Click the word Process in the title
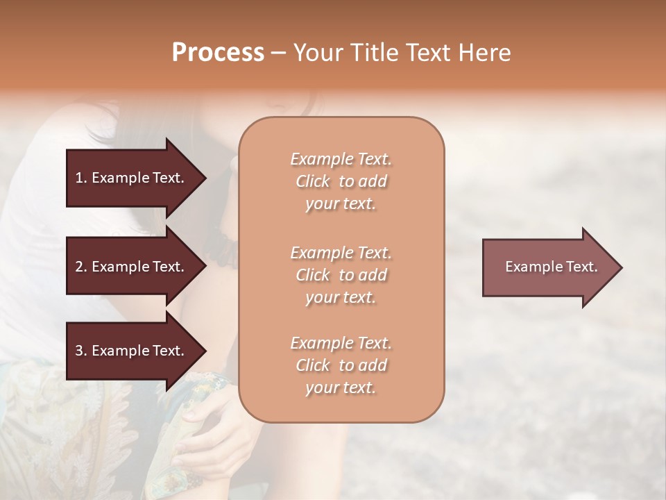pyautogui.click(x=218, y=53)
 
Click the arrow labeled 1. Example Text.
pyautogui.click(x=132, y=178)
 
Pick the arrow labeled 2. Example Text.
pyautogui.click(x=132, y=267)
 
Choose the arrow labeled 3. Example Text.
pyautogui.click(x=132, y=351)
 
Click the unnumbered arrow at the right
pyautogui.click(x=548, y=267)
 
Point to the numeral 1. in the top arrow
pyautogui.click(x=81, y=178)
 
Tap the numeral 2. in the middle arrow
pyautogui.click(x=81, y=267)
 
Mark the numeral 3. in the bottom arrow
pyautogui.click(x=81, y=351)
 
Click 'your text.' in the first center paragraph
pyautogui.click(x=341, y=204)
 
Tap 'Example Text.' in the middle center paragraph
pyautogui.click(x=341, y=252)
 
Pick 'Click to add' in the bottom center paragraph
pyautogui.click(x=341, y=365)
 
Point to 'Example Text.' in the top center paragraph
pyautogui.click(x=341, y=159)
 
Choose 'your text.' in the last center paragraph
pyautogui.click(x=341, y=388)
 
